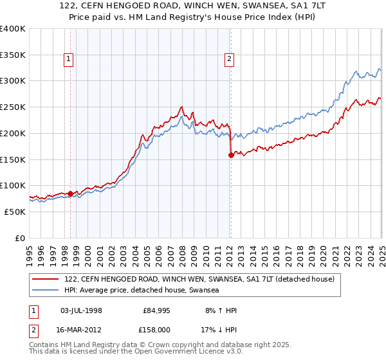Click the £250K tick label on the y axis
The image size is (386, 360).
point(13,107)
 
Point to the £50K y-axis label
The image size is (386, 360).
point(15,212)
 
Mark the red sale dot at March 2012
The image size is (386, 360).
point(231,155)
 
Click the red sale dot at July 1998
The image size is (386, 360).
point(70,193)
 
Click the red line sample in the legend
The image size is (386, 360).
point(46,280)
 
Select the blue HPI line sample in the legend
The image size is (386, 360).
point(46,291)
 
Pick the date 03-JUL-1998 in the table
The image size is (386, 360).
point(80,310)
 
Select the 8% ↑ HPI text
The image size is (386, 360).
point(219,310)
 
